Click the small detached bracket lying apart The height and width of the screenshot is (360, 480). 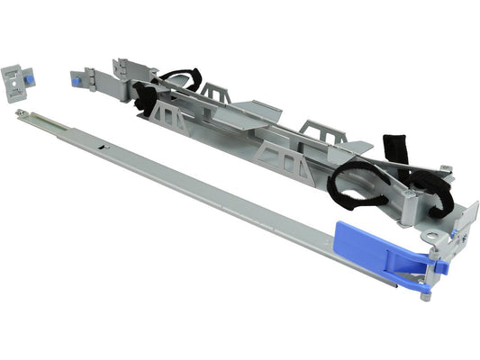[x=19, y=78]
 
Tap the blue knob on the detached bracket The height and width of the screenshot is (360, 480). [x=30, y=79]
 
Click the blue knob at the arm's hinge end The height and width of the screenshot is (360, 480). [x=77, y=80]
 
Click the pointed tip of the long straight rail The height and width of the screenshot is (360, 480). [x=19, y=113]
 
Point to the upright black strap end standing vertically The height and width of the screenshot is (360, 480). [x=395, y=149]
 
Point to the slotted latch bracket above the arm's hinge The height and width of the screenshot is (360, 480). [x=122, y=67]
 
